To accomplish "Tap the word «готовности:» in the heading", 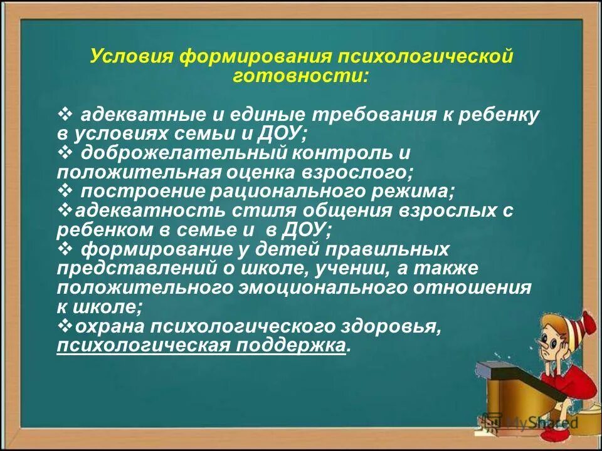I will (301, 76).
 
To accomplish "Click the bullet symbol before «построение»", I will (65, 190).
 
